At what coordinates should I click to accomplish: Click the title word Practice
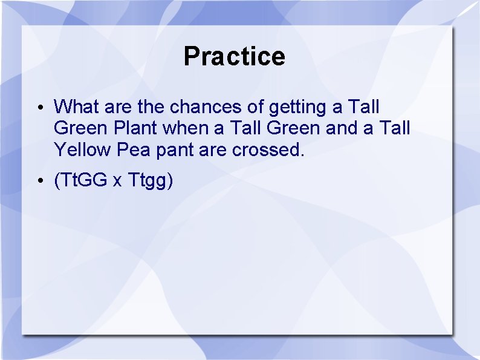[234, 56]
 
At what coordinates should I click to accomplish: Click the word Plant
[137, 128]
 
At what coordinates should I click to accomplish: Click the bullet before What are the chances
[38, 108]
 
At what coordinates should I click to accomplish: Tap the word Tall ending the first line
[364, 107]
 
